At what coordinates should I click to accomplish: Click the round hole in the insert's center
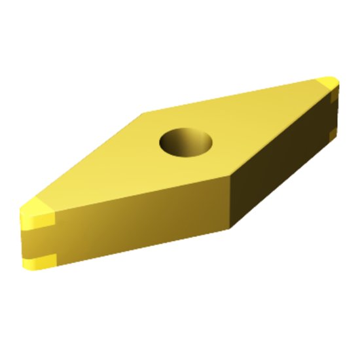[x=187, y=141]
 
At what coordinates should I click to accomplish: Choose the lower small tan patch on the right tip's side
[x=333, y=133]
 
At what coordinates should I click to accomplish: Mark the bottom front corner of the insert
[x=230, y=228]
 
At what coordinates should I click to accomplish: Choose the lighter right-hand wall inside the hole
[x=202, y=143]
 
